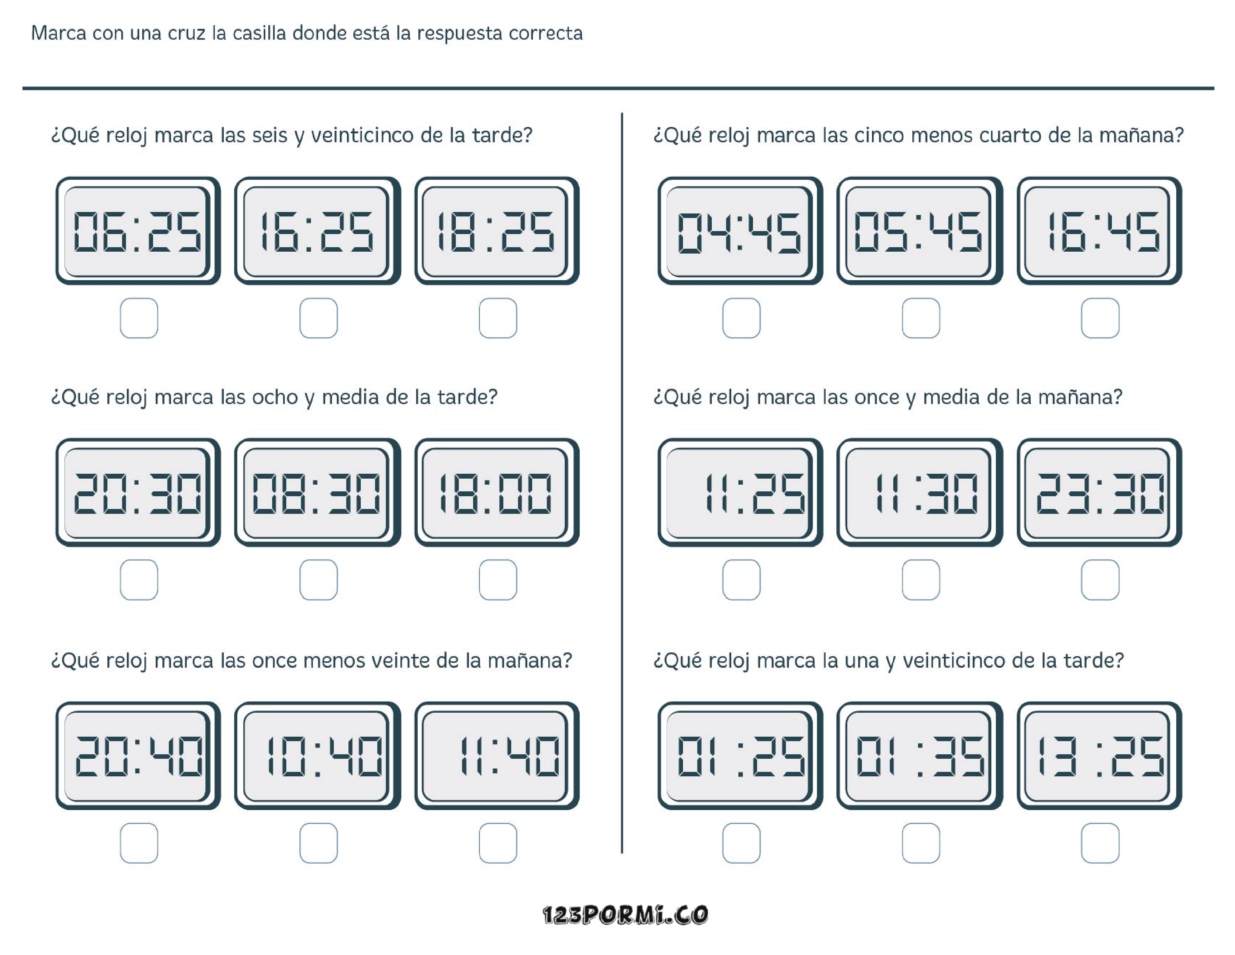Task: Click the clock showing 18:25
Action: (x=497, y=231)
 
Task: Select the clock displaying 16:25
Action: (x=317, y=231)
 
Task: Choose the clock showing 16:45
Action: (x=1099, y=231)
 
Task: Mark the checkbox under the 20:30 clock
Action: (x=138, y=579)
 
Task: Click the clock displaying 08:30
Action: (x=317, y=492)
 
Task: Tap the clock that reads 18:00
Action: (x=497, y=492)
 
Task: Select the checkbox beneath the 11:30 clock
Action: (x=921, y=579)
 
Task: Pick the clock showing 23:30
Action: (x=1099, y=492)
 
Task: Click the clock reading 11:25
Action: (x=740, y=492)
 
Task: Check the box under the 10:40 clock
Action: (x=318, y=843)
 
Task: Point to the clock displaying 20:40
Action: (x=137, y=756)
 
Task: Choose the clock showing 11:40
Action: (x=497, y=756)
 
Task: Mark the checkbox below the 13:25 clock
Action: (x=1100, y=843)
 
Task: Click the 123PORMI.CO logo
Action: (x=625, y=915)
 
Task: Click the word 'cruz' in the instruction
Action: (x=186, y=33)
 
